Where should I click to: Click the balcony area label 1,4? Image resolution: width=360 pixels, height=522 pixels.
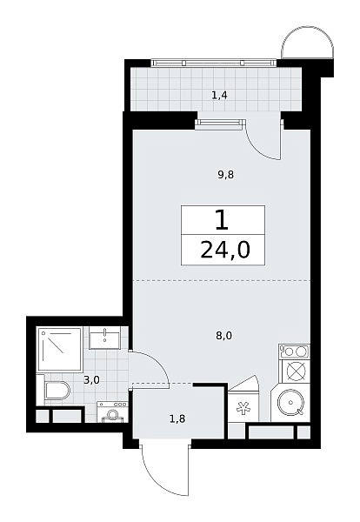219,96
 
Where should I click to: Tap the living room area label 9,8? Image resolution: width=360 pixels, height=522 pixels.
226,175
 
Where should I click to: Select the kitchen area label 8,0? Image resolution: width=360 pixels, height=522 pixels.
224,336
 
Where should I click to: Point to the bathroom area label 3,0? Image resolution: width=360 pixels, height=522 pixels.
91,380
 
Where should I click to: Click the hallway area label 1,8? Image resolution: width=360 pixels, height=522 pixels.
177,418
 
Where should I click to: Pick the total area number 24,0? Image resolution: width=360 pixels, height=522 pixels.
225,250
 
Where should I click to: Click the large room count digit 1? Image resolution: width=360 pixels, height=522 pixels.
222,220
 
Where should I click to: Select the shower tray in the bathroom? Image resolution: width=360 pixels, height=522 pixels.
60,349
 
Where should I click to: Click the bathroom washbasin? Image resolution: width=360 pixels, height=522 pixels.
104,338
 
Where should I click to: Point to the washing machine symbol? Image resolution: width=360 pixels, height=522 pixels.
112,412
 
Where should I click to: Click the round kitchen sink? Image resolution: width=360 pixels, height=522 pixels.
290,402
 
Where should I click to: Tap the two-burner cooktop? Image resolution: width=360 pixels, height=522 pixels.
295,351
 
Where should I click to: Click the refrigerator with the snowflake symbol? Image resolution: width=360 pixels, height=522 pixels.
243,408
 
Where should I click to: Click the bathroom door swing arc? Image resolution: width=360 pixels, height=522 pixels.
159,362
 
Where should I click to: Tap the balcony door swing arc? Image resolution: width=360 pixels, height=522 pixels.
257,147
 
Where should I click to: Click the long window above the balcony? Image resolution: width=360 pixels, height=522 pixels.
214,63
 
